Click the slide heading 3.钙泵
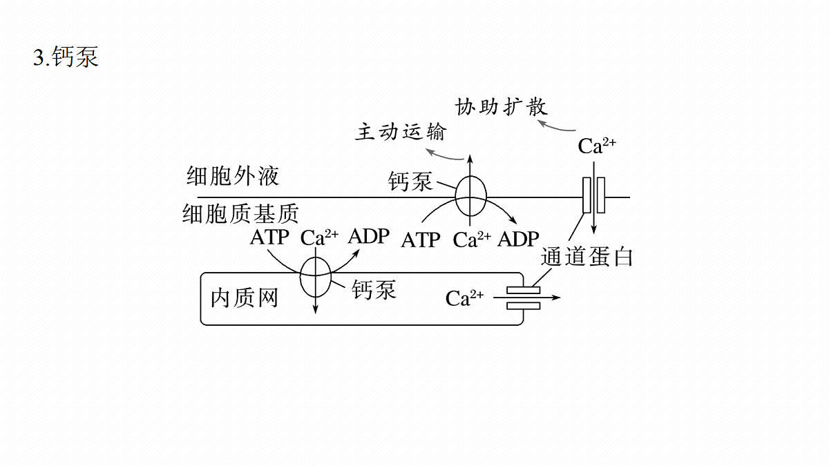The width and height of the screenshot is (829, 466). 66,57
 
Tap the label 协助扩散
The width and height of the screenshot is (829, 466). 501,107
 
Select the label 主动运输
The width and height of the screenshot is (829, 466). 401,132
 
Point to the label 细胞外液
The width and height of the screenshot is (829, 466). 233,175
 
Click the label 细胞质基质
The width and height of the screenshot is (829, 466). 240,214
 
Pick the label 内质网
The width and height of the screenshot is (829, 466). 245,298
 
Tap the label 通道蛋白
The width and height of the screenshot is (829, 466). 587,257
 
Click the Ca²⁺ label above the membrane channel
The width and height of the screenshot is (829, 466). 597,146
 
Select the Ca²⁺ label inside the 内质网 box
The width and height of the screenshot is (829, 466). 464,298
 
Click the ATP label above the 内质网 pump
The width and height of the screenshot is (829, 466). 269,237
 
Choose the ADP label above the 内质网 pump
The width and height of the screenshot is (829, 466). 369,236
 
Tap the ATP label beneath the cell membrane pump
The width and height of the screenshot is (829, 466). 421,240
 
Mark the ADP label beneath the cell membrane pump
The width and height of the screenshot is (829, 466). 518,239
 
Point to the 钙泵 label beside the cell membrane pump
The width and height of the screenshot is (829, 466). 410,181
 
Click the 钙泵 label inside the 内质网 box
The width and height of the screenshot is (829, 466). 374,289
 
